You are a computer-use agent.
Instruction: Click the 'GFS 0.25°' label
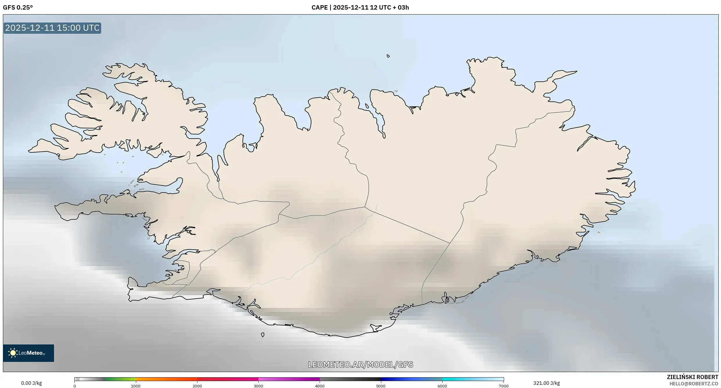18,8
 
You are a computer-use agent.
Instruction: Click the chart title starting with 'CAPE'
360,8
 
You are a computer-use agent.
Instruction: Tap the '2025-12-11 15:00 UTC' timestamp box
52,28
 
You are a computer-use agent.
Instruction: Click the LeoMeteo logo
28,353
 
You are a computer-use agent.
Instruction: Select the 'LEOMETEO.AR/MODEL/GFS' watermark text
360,364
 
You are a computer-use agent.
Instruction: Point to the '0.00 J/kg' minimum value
31,383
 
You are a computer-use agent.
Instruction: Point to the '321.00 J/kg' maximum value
546,383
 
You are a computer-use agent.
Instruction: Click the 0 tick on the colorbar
75,386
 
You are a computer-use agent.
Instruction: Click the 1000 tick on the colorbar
136,386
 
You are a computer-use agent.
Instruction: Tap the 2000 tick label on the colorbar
197,386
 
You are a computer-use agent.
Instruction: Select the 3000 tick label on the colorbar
258,386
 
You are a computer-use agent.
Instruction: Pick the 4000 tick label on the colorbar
320,386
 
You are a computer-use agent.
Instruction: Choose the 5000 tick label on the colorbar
381,386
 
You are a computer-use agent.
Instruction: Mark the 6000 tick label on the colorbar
442,386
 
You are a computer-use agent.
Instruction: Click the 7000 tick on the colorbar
504,386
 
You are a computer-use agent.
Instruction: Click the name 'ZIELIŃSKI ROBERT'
692,377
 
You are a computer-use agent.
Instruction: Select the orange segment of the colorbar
166,379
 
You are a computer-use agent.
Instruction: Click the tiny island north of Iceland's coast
388,56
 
